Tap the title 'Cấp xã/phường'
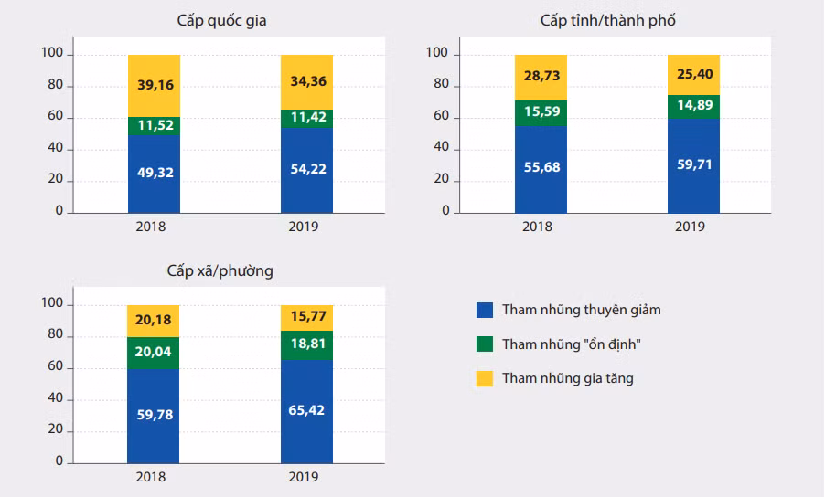point(220,270)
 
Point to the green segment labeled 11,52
point(154,126)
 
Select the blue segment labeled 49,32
point(154,174)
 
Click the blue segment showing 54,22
point(307,170)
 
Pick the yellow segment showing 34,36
point(307,81)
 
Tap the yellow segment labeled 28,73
point(541,77)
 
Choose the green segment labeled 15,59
point(541,112)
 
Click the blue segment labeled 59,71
point(693,166)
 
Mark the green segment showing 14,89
point(693,106)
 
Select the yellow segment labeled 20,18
point(154,320)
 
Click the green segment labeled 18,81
point(307,344)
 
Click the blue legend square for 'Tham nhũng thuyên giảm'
point(485,310)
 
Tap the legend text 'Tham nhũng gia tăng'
point(567,378)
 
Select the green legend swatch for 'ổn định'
point(485,344)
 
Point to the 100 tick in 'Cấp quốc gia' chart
point(53,55)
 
